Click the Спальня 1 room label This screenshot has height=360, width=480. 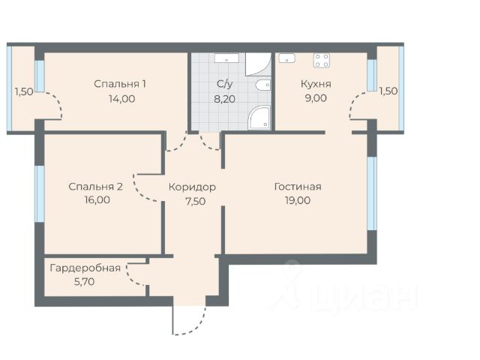click(x=120, y=84)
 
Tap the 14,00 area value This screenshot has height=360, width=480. click(x=121, y=99)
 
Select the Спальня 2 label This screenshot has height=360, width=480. click(x=95, y=187)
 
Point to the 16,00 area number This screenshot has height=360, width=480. click(x=97, y=200)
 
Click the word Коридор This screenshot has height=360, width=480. click(x=192, y=187)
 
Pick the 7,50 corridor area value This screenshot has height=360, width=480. click(x=195, y=202)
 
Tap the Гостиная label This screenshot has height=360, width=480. click(x=298, y=187)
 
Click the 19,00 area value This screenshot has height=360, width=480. click(x=298, y=200)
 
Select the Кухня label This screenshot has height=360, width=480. click(x=316, y=84)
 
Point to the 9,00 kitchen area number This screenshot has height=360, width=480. click(x=316, y=98)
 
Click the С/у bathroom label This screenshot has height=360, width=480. click(x=224, y=84)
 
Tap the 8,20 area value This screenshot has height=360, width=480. click(x=225, y=99)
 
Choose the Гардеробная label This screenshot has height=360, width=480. click(x=85, y=268)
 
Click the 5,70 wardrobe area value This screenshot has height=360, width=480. click(x=84, y=282)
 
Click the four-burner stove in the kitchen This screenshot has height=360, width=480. click(x=322, y=60)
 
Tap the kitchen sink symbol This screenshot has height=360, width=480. click(x=287, y=58)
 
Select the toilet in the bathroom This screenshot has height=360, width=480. click(x=263, y=85)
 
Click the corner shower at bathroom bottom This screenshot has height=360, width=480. click(x=259, y=117)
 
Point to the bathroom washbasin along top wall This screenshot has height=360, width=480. click(x=226, y=58)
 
